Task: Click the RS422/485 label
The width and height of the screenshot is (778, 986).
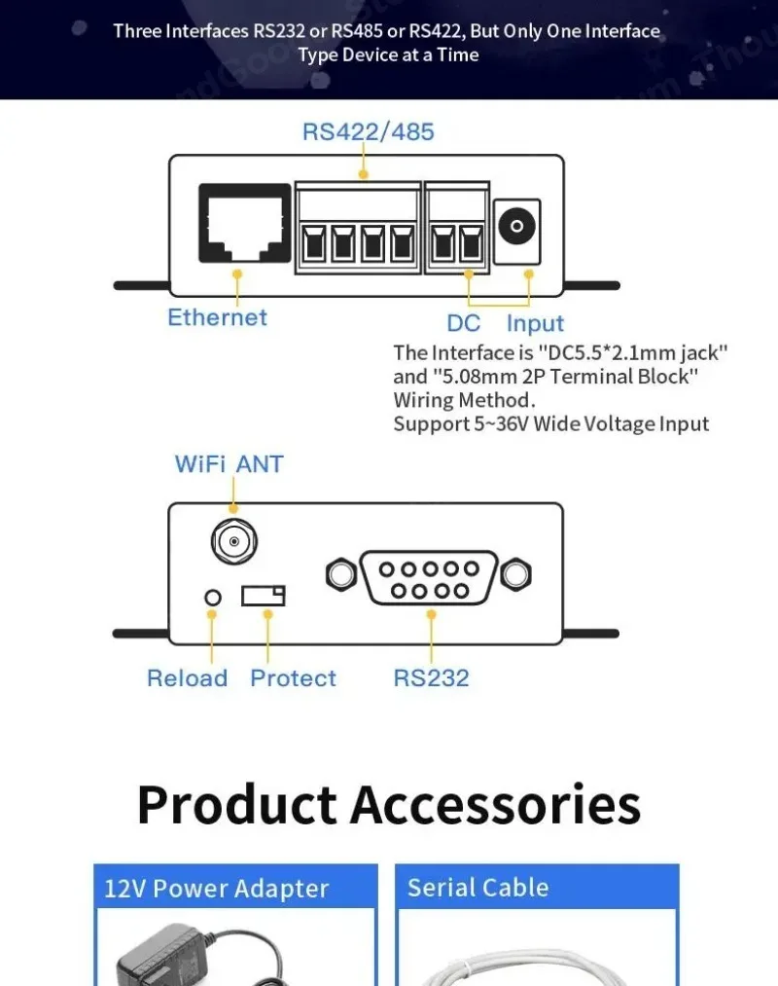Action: coord(368,131)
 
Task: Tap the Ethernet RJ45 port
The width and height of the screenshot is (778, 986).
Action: coord(244,223)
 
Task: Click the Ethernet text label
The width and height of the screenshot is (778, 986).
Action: coord(217,317)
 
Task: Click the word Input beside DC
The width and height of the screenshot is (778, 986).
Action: coord(534,323)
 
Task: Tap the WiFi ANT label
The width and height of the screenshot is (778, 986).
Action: coord(229,464)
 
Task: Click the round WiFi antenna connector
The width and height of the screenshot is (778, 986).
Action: coord(232,541)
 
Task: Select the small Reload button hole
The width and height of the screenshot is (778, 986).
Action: coord(213,597)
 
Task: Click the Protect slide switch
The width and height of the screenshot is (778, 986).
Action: coord(264,595)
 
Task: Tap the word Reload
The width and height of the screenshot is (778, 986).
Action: coord(187,678)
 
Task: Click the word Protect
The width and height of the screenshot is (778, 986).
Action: coord(293,678)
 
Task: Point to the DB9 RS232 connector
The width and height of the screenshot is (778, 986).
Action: coord(429,576)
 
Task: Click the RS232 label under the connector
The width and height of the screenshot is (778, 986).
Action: coord(431,678)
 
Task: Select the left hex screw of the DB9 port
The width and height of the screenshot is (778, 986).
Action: coord(340,574)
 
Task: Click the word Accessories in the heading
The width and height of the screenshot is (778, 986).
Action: coord(495,805)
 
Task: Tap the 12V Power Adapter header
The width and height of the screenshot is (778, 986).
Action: coord(217,889)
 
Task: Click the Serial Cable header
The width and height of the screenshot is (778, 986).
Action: coord(477,888)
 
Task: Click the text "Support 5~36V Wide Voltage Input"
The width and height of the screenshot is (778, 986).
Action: coord(550,423)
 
